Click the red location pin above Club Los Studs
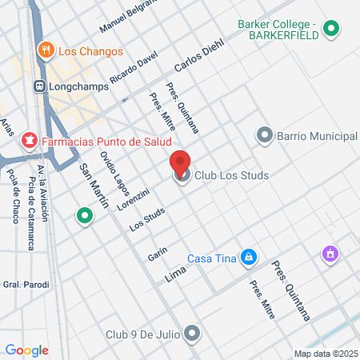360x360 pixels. [181, 161]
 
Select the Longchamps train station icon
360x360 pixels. [38, 84]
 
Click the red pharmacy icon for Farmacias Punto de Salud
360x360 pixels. [30, 142]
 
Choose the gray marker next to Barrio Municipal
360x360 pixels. [265, 136]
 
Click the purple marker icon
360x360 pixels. [329, 254]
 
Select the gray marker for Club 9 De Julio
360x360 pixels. [191, 332]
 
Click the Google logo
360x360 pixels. [26, 350]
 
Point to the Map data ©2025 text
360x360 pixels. [326, 354]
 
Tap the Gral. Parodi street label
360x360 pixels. [26, 285]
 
